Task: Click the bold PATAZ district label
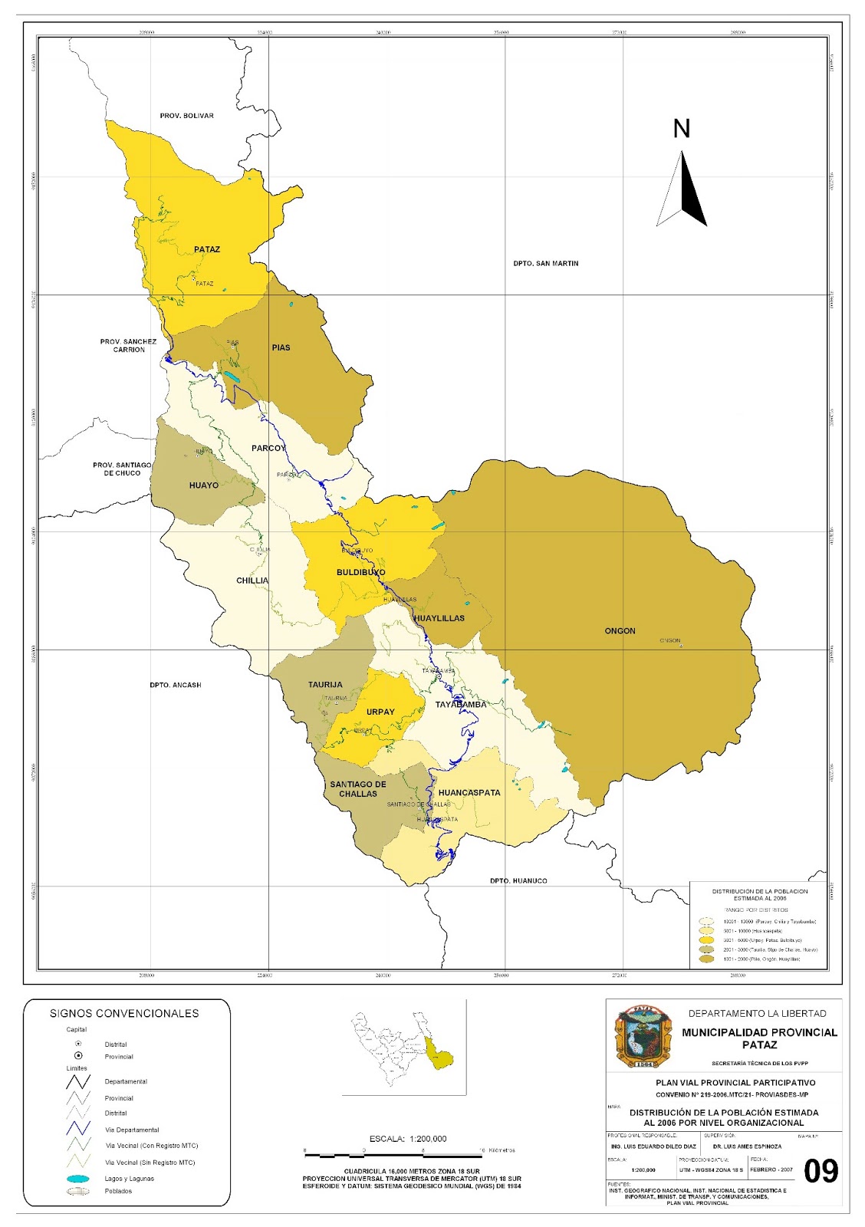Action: point(206,249)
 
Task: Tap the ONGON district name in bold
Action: point(620,630)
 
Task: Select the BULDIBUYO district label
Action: point(360,573)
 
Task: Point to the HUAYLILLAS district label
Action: point(439,618)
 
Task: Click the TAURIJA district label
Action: point(325,685)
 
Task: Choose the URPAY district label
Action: point(380,712)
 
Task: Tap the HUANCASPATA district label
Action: point(469,793)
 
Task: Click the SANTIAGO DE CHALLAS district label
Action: point(358,789)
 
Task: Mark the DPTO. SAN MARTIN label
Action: point(545,263)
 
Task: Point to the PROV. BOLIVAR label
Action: point(186,116)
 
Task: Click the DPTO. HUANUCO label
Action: point(518,880)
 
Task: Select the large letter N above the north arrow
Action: point(681,128)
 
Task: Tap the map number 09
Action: point(821,1171)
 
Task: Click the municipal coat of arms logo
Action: point(643,1037)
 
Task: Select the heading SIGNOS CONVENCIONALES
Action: point(124,1013)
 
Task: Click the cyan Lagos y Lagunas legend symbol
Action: point(78,1179)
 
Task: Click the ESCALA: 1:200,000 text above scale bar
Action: point(407,1139)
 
